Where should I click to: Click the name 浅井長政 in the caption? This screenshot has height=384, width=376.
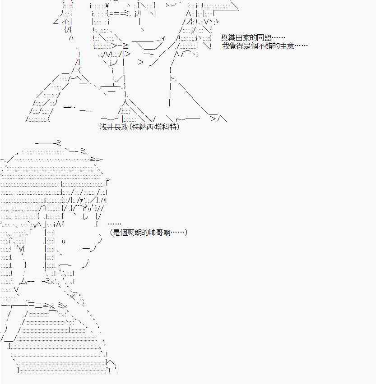[113, 128]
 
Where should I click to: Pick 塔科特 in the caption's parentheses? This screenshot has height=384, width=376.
[165, 128]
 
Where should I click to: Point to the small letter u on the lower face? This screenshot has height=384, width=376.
[64, 241]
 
